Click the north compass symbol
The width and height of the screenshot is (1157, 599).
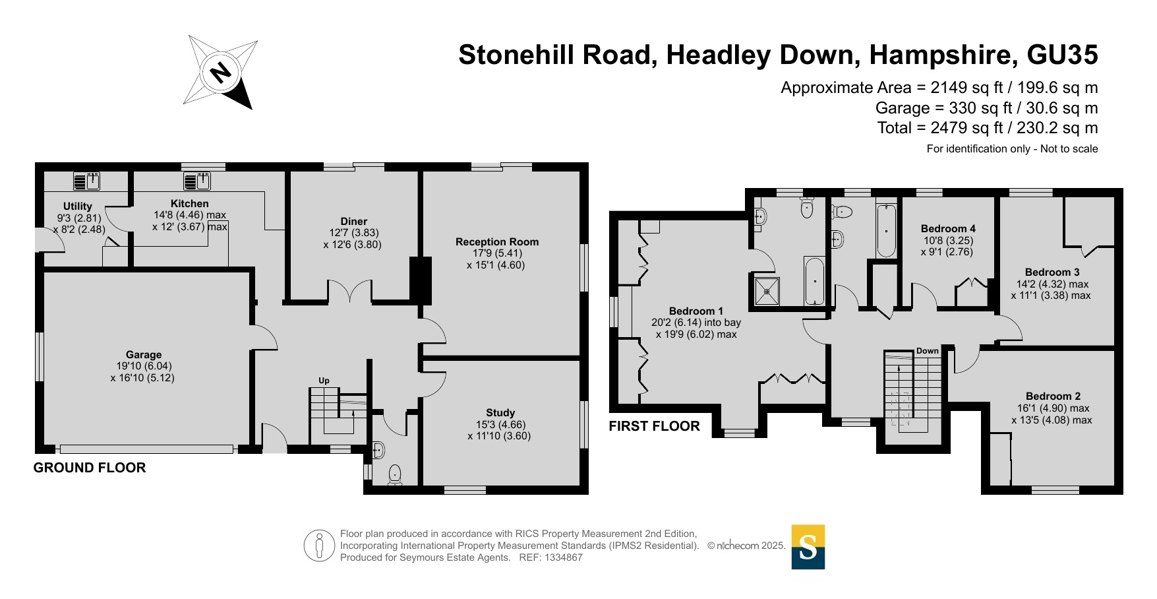pyautogui.click(x=220, y=71)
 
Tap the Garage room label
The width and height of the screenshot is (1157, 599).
pyautogui.click(x=144, y=354)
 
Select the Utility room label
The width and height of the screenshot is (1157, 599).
pyautogui.click(x=78, y=206)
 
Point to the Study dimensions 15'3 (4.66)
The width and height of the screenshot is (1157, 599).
pyautogui.click(x=501, y=425)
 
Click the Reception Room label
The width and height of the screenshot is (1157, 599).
pyautogui.click(x=497, y=241)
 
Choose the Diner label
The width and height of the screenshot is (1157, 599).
pyautogui.click(x=354, y=221)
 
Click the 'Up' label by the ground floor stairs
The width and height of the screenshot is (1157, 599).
pyautogui.click(x=324, y=381)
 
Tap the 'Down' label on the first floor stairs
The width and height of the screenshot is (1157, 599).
pyautogui.click(x=928, y=351)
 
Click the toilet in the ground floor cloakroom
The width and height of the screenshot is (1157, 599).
pyautogui.click(x=395, y=475)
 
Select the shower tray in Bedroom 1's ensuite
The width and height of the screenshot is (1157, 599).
pyautogui.click(x=767, y=291)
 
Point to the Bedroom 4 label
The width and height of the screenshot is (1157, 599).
pyautogui.click(x=948, y=228)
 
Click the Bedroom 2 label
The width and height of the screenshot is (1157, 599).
pyautogui.click(x=1053, y=396)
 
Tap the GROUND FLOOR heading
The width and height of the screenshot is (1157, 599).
pyautogui.click(x=90, y=468)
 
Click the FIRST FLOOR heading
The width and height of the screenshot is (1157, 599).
pyautogui.click(x=654, y=426)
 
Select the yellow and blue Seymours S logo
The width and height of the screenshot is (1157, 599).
pyautogui.click(x=808, y=547)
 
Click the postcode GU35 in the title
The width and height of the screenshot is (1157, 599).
pyautogui.click(x=1062, y=55)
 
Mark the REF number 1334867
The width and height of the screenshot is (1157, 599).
pyautogui.click(x=560, y=557)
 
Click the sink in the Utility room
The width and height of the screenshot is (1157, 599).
pyautogui.click(x=86, y=181)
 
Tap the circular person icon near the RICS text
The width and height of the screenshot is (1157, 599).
pyautogui.click(x=320, y=546)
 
